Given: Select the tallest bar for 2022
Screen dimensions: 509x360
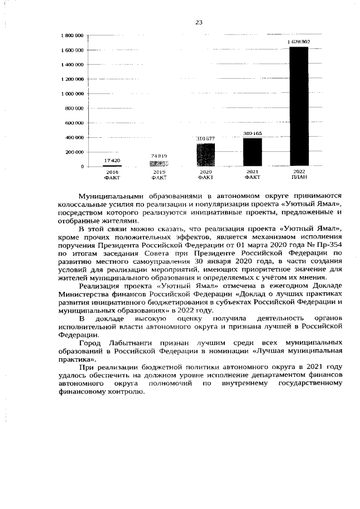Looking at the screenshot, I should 299,107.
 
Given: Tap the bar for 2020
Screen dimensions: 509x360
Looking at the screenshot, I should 206,155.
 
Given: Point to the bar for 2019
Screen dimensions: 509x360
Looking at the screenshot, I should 159,164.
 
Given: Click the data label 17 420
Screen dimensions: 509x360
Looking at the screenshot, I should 112,160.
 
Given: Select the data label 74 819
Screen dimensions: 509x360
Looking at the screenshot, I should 159,155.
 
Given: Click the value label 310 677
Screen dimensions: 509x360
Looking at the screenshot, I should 206,138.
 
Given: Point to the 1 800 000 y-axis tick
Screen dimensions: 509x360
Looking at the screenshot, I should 73,35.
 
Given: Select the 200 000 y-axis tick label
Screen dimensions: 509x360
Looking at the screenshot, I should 75,152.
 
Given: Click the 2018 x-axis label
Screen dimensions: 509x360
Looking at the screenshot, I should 112,172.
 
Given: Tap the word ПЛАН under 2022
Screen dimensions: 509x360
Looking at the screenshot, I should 299,178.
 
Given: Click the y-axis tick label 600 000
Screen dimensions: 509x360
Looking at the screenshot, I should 75,123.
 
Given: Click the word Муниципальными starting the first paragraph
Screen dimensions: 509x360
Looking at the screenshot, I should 111,196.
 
